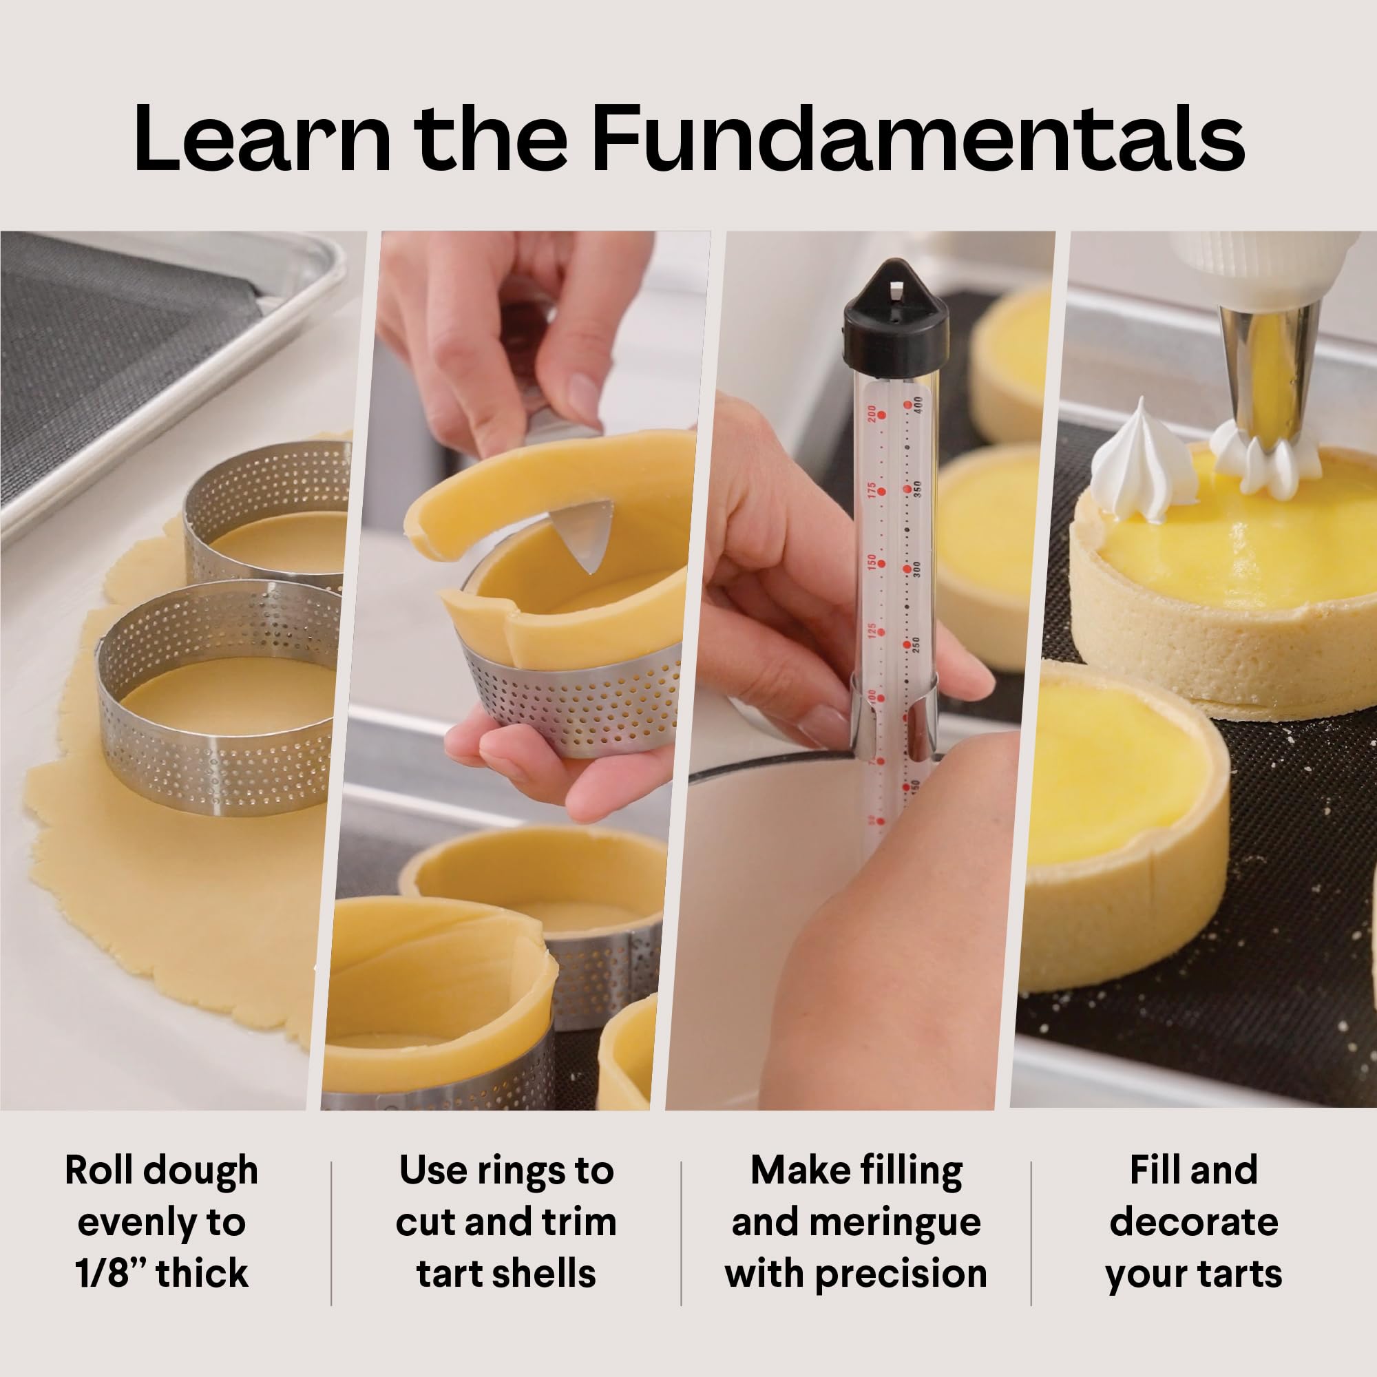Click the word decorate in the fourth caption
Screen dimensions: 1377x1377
(x=1194, y=1222)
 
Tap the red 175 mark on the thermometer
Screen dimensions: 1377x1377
(x=875, y=490)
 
